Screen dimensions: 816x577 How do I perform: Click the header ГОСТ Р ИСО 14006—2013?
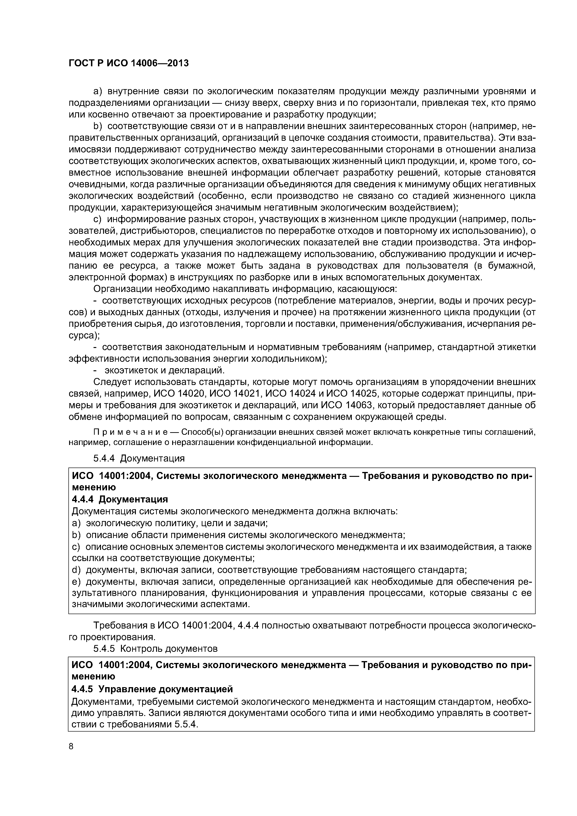point(128,63)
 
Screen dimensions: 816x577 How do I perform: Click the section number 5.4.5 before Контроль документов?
point(104,649)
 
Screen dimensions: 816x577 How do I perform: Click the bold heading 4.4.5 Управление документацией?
point(152,689)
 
